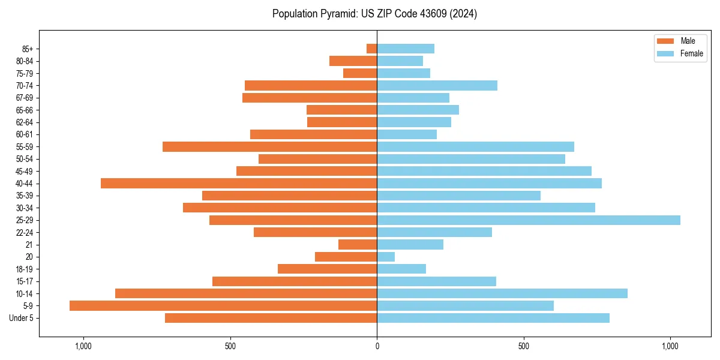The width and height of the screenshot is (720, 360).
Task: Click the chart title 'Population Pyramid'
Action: click(x=374, y=14)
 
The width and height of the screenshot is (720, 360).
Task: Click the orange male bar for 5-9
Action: click(x=223, y=306)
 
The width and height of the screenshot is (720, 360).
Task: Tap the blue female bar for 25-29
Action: click(x=529, y=220)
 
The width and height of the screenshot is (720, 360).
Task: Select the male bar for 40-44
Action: click(x=239, y=184)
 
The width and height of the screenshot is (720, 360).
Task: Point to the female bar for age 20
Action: click(x=386, y=257)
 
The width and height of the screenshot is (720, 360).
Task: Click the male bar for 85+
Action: click(x=372, y=49)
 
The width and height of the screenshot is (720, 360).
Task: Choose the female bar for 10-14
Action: click(x=502, y=293)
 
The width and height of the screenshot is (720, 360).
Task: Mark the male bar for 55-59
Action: click(x=270, y=147)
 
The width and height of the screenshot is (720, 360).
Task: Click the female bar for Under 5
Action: click(x=493, y=318)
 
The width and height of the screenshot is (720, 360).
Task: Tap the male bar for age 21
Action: click(x=358, y=245)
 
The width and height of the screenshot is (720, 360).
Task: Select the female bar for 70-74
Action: click(x=437, y=86)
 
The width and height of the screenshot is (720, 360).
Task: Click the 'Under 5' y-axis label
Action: click(x=22, y=318)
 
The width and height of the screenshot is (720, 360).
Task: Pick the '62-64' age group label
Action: click(x=24, y=122)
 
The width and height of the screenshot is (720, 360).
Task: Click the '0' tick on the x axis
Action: click(x=377, y=346)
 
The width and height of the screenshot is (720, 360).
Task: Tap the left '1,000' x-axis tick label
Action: click(x=83, y=346)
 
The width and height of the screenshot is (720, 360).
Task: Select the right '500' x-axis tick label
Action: click(x=524, y=346)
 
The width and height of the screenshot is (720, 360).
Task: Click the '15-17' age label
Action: click(x=24, y=281)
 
